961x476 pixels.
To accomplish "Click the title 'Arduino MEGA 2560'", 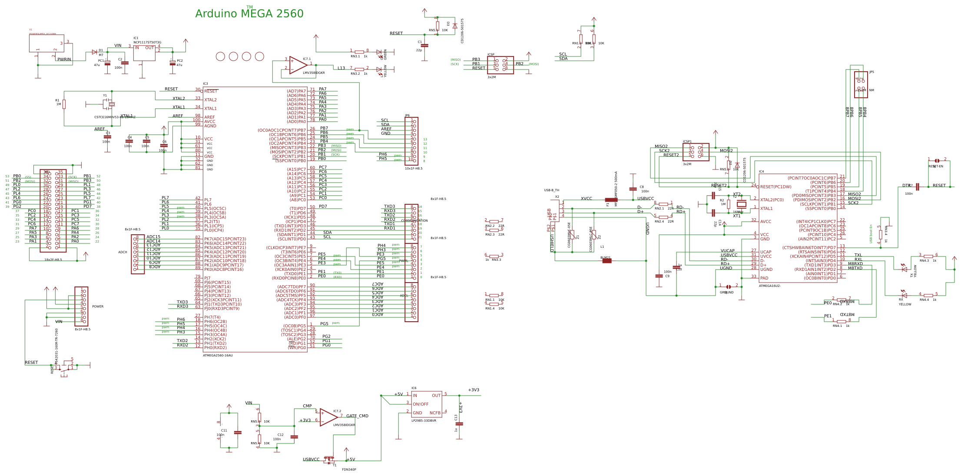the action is (249, 14).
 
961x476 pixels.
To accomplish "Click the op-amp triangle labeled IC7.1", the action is (298, 65).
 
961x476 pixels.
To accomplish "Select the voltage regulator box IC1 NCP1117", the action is (144, 53).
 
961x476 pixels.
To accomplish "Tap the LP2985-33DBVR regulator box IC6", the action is (426, 404).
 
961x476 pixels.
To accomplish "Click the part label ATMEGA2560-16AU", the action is (218, 356).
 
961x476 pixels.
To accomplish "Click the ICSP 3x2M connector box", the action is (500, 65).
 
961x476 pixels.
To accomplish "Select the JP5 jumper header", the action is (861, 84).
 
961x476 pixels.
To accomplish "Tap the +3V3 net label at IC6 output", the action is (473, 390).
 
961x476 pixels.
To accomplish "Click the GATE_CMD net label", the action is (357, 416).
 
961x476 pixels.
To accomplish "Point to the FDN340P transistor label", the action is (349, 469).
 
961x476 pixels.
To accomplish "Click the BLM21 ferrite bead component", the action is (606, 261).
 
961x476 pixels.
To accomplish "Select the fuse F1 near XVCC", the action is (611, 200).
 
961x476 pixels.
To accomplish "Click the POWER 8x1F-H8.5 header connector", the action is (81, 306).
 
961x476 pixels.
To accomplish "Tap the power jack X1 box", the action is (46, 43).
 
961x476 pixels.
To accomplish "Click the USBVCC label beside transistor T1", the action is (311, 459).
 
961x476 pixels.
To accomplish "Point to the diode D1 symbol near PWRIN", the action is (94, 52).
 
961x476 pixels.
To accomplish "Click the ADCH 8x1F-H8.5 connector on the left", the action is (138, 254).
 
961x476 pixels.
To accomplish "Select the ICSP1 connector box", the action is (696, 152).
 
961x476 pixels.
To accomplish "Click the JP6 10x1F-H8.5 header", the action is (411, 141).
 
